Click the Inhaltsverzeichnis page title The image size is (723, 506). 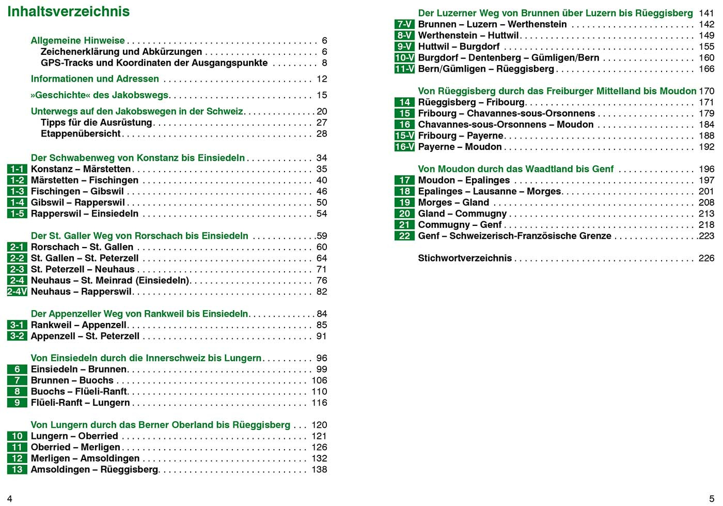[69, 12]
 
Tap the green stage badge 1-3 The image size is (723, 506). [17, 191]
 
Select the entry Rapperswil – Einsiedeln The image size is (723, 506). [85, 213]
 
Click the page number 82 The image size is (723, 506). [322, 292]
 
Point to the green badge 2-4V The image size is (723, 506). [17, 292]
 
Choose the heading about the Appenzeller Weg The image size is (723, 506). [139, 314]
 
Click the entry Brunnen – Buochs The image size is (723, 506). [72, 380]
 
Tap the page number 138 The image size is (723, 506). [319, 469]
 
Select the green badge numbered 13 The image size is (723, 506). [17, 469]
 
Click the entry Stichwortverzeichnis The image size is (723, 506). [465, 258]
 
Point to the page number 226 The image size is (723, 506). [706, 258]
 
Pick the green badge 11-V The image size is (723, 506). [404, 69]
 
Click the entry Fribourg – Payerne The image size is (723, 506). [461, 135]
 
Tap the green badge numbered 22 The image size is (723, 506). [404, 236]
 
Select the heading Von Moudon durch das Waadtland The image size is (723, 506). [516, 169]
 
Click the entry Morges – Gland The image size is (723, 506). [453, 203]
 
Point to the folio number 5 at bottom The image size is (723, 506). [712, 499]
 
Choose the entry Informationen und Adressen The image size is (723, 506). [95, 79]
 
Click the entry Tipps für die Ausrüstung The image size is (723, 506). [97, 122]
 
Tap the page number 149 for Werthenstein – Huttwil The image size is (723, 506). [706, 35]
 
